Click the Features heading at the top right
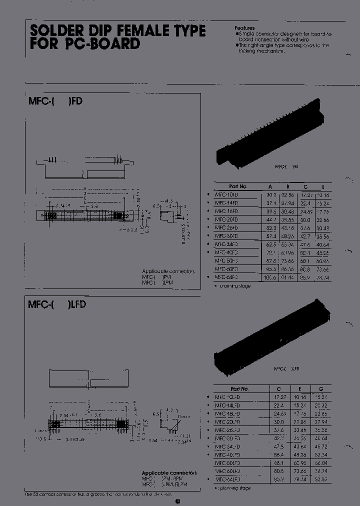pyautogui.click(x=245, y=28)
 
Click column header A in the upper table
pyautogui.click(x=270, y=186)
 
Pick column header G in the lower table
pyautogui.click(x=321, y=388)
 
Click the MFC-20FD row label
pyautogui.click(x=226, y=219)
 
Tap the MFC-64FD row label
pyautogui.click(x=226, y=276)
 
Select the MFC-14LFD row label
pyautogui.click(x=227, y=405)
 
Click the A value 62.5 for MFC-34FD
pyautogui.click(x=270, y=244)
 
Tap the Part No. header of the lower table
pyautogui.click(x=239, y=388)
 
